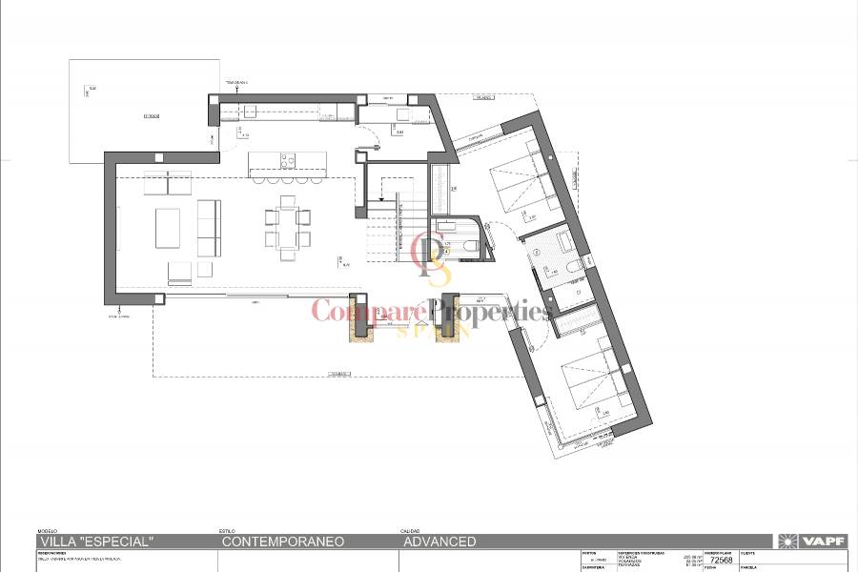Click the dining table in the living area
[x=288, y=228]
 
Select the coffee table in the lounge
[x=168, y=228]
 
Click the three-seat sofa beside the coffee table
[x=209, y=228]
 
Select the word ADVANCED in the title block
[x=439, y=541]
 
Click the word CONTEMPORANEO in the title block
[x=282, y=541]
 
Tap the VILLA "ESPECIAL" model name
[x=95, y=541]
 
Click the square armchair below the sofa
[x=180, y=273]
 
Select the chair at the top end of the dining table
[x=288, y=201]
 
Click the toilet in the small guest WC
[x=471, y=246]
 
